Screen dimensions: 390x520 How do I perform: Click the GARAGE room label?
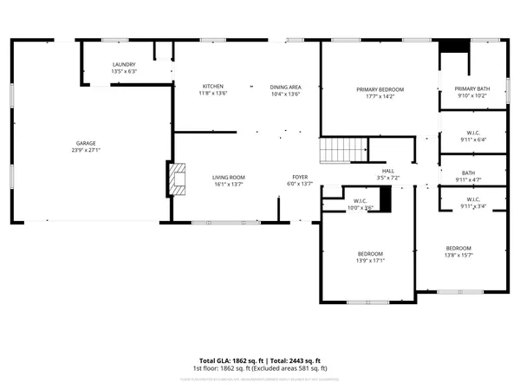pos(85,143)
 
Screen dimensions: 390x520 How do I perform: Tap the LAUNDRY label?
pos(124,65)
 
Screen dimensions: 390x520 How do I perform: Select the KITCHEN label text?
pos(213,87)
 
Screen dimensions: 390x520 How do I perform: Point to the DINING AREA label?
pos(285,87)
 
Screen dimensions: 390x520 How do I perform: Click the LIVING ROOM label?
pos(229,177)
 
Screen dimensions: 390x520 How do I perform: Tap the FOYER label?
pos(299,177)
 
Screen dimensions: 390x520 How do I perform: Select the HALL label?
pos(388,171)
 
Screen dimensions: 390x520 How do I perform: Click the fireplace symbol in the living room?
pos(176,179)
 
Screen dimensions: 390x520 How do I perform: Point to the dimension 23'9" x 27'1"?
pos(85,150)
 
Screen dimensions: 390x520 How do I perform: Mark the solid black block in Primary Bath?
pos(452,48)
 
